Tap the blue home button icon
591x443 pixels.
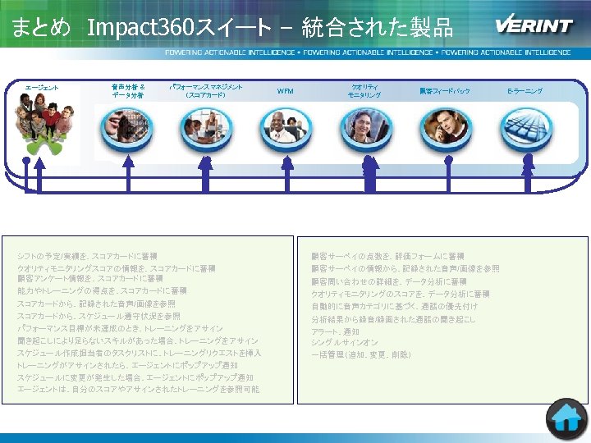click(568, 419)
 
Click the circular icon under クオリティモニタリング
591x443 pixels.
click(364, 126)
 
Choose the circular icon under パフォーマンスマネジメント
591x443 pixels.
click(205, 125)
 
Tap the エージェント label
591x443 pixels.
click(41, 88)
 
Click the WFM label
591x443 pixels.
click(285, 91)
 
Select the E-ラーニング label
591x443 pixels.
click(525, 90)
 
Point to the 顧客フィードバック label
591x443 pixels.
click(444, 91)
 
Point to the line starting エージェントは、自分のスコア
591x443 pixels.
click(138, 389)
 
